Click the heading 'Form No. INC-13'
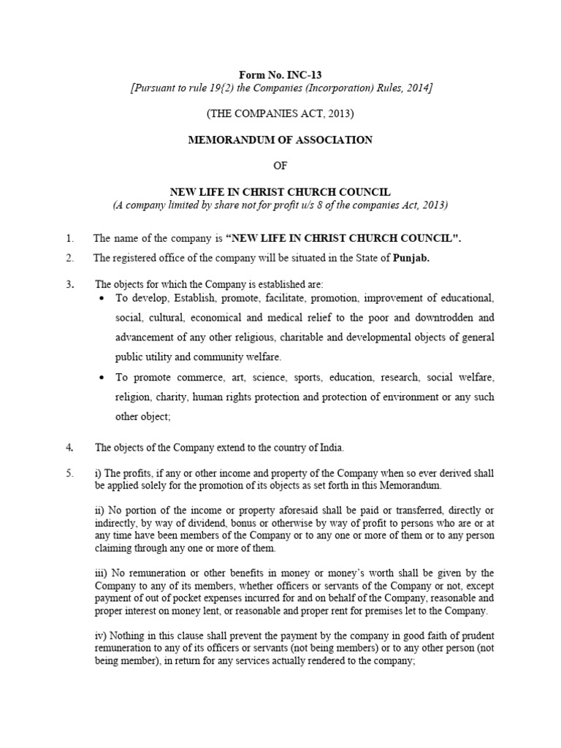(280, 74)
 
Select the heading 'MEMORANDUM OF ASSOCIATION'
(280, 140)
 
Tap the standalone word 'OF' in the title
(280, 166)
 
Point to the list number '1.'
(70, 238)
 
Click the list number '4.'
(70, 446)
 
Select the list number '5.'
(70, 473)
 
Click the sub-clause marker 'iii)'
(102, 573)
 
